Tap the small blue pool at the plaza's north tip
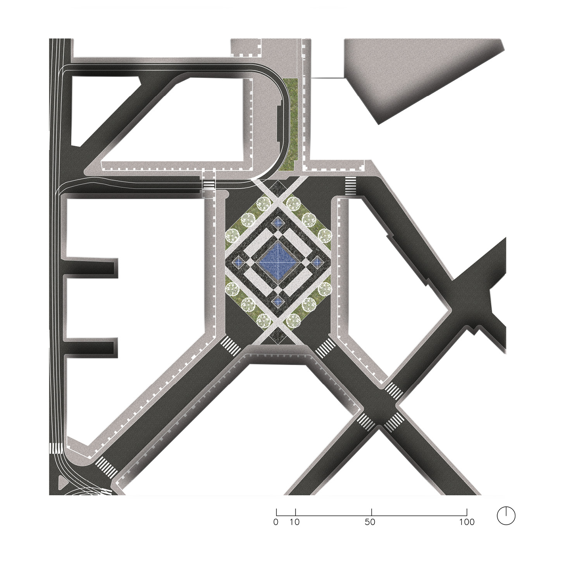tap(277, 222)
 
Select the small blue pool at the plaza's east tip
tap(316, 262)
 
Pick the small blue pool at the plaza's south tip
tap(277, 301)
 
